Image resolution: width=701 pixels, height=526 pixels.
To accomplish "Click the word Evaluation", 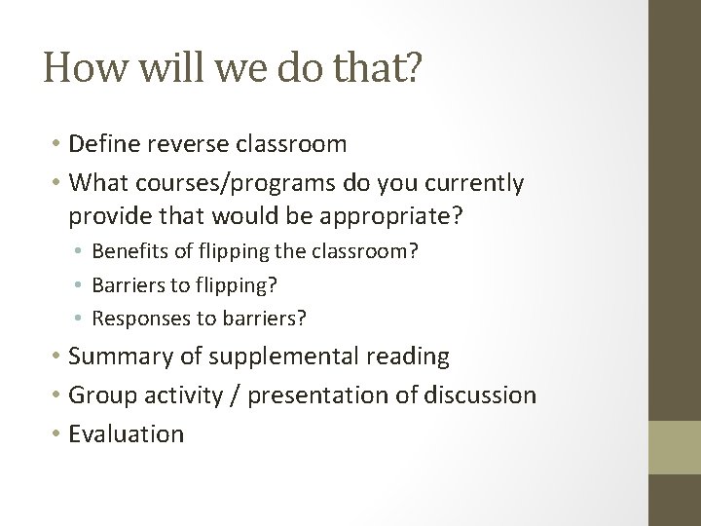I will click(127, 432).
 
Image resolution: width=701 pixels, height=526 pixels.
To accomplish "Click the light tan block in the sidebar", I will click(676, 447).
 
